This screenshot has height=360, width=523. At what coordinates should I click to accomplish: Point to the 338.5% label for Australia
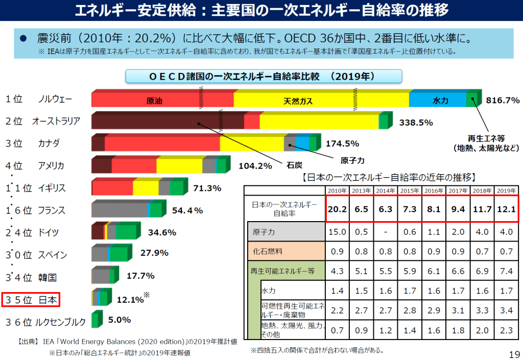coord(416,123)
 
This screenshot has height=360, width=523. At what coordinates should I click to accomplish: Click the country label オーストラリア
coord(56,121)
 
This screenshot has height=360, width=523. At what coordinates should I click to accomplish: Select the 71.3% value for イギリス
coord(207,188)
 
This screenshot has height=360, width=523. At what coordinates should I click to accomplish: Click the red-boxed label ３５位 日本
coord(31,300)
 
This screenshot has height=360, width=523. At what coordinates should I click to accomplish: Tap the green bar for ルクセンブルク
coord(95,320)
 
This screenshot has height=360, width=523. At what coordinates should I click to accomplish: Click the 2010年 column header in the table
coord(338,190)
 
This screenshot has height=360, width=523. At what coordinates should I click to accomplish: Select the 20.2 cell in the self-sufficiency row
coord(338,209)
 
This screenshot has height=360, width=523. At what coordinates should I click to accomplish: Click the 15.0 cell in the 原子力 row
coord(338,232)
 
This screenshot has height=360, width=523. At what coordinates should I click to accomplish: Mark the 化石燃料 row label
coord(268,251)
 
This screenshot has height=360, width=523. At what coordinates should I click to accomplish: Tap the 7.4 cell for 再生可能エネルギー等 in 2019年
coord(507,271)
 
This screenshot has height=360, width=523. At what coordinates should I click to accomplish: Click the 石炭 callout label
coord(295,165)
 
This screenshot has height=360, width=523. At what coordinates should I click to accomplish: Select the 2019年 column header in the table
coord(507,190)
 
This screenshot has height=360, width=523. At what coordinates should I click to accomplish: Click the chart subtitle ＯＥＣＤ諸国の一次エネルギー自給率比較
coord(263,77)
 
